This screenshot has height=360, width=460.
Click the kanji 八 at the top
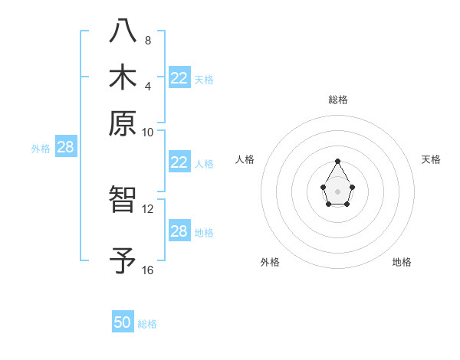[x=123, y=31]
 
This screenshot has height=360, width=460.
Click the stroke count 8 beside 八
[x=147, y=40]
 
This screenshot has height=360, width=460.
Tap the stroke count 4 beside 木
[x=147, y=86]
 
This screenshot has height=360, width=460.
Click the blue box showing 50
[x=123, y=322]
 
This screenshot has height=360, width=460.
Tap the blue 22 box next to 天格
[x=179, y=77]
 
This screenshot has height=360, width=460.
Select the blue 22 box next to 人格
[x=179, y=162]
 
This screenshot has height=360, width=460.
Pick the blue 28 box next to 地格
[x=179, y=231]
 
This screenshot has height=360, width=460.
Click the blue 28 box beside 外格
[x=65, y=147]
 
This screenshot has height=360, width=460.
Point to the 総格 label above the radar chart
[x=337, y=100]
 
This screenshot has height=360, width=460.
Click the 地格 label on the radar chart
[x=402, y=263]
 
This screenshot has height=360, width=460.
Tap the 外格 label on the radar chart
[x=270, y=263]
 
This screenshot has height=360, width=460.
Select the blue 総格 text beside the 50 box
[x=147, y=324]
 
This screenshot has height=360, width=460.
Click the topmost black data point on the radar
[x=337, y=162]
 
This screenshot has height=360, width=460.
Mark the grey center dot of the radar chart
[x=337, y=191]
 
